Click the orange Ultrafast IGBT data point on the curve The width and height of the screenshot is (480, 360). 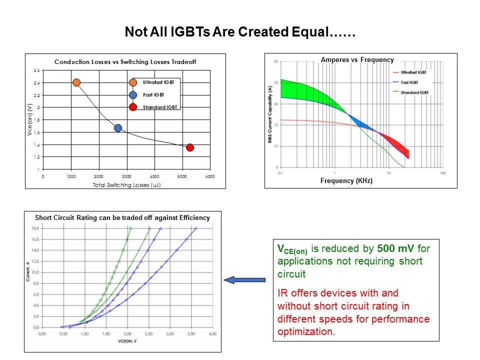pos(76,82)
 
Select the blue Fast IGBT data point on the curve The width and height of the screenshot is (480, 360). pos(118,128)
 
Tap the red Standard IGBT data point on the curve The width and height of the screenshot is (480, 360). pos(190,147)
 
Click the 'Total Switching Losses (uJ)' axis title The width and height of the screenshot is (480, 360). pos(126,184)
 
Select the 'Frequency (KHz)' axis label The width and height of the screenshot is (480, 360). pos(346,181)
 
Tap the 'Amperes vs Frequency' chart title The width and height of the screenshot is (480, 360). pos(357,60)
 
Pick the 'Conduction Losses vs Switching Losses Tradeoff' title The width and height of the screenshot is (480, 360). pos(125,62)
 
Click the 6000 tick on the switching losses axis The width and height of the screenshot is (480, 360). pos(210,176)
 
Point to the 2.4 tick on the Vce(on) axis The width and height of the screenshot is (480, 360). pos(36,83)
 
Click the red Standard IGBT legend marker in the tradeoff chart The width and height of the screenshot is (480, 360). pos(133,107)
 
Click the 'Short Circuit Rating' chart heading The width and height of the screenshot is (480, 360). pos(122,217)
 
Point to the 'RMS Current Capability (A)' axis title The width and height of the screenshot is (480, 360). pos(269,115)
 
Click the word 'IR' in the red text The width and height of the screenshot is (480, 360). pos(282,292)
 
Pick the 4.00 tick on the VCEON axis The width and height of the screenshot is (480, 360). pos(213,332)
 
